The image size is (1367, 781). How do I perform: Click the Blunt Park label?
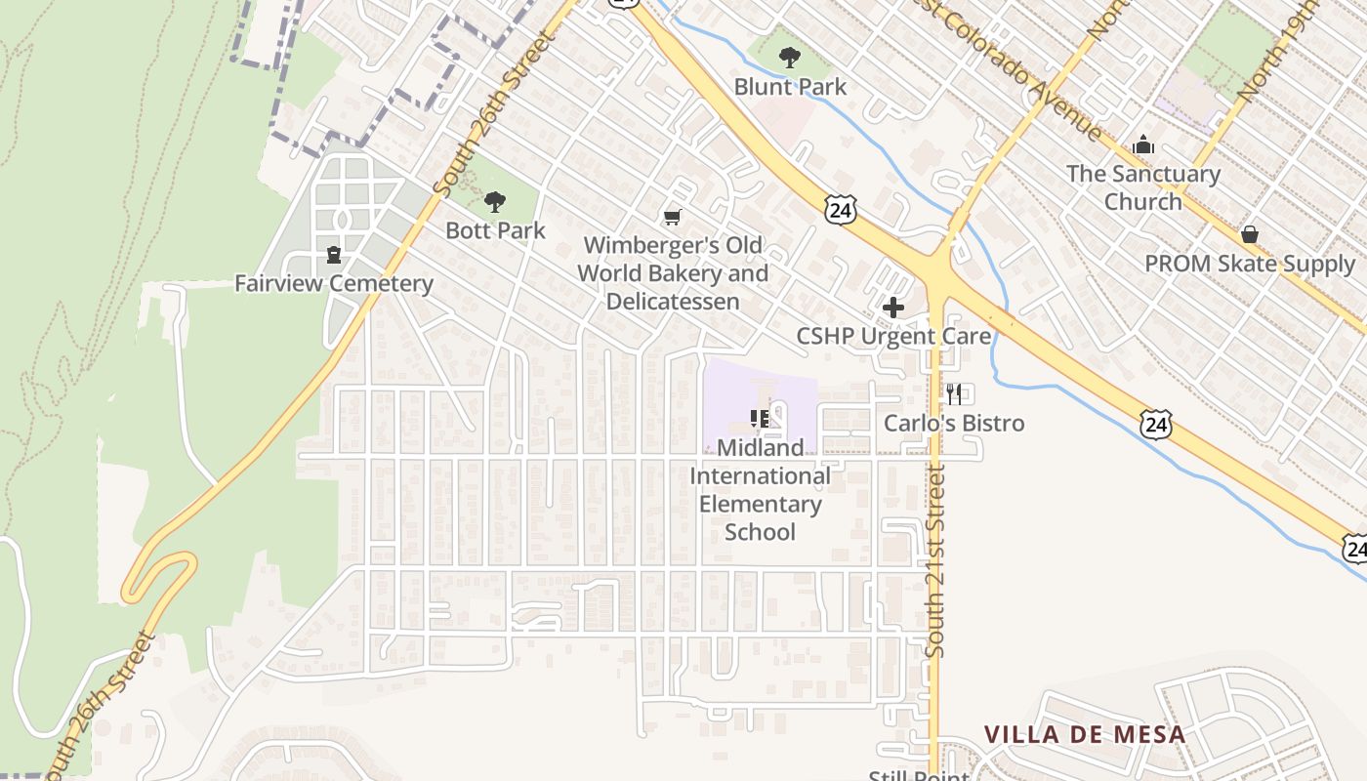click(790, 87)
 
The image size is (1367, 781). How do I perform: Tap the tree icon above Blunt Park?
click(790, 58)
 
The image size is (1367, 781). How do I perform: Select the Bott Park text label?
click(495, 230)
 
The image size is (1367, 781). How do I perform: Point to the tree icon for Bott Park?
click(495, 202)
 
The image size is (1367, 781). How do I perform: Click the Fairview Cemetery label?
click(333, 284)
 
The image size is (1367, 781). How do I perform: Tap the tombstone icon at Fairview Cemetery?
click(334, 255)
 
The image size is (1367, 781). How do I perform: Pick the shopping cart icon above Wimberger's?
click(672, 217)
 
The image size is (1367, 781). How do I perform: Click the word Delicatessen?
click(673, 301)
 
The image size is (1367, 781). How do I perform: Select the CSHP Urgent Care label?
click(893, 337)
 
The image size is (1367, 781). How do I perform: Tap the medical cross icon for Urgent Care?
click(892, 308)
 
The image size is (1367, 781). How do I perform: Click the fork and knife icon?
click(954, 394)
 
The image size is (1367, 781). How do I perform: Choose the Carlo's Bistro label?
click(954, 423)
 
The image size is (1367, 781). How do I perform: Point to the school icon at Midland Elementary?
click(760, 419)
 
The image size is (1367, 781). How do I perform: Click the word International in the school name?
click(761, 476)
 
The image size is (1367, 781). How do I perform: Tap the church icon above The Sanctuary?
click(1143, 146)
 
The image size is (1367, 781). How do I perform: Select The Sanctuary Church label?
click(1143, 187)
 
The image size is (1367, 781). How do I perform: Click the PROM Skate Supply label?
click(1250, 264)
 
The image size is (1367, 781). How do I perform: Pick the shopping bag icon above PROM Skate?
click(1249, 235)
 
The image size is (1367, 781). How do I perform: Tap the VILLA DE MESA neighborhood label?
click(1084, 734)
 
